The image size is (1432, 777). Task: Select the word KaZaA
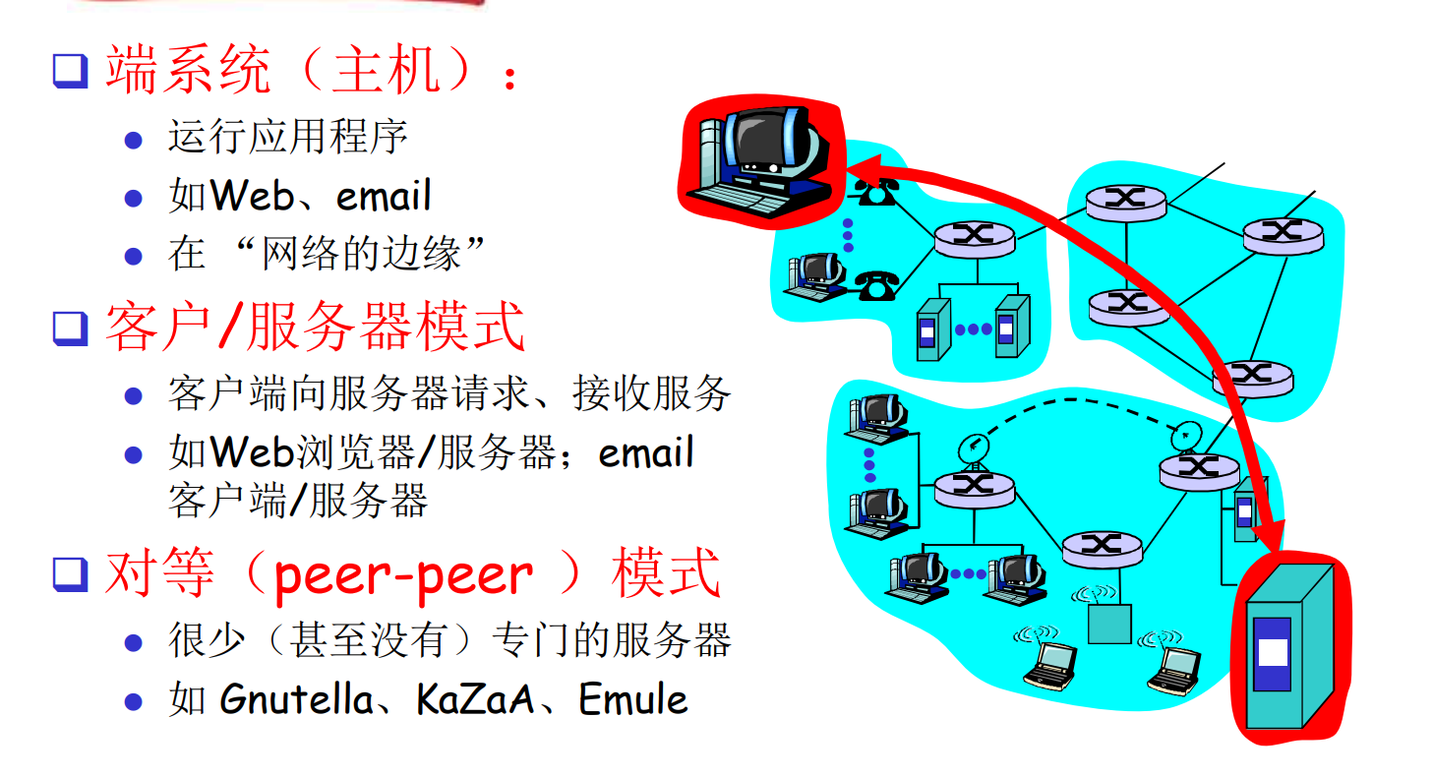tap(475, 700)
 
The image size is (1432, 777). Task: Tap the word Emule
tap(632, 700)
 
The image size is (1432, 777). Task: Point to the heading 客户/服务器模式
tap(315, 328)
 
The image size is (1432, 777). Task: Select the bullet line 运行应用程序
tap(287, 137)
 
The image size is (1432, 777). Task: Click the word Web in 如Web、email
tap(252, 197)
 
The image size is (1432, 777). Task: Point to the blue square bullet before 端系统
tap(70, 71)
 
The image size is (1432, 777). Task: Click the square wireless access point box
tap(1109, 624)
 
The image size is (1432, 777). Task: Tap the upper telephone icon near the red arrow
tap(873, 191)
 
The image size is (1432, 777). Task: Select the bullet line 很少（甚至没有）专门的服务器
tap(449, 641)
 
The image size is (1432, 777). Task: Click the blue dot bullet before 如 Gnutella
tap(134, 701)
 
